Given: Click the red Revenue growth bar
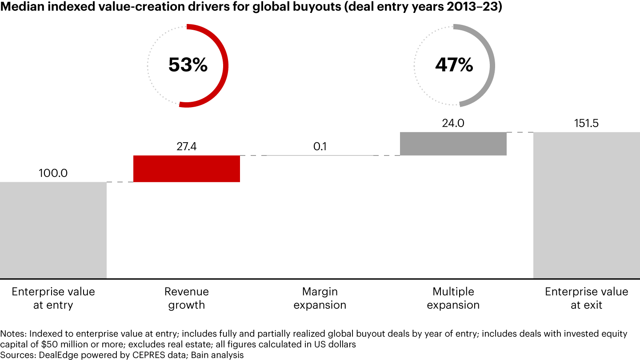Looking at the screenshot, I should click(x=187, y=168).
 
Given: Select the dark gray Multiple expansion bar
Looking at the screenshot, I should click(x=453, y=144).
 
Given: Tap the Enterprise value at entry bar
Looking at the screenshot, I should click(x=53, y=230).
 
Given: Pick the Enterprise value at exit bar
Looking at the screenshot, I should click(x=587, y=205).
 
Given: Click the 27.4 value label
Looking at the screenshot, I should click(x=187, y=147).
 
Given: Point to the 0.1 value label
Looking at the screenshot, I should click(x=320, y=147).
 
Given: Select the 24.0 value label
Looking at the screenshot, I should click(x=453, y=124).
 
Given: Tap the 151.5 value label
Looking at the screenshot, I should click(x=587, y=124).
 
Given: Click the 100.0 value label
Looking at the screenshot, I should click(x=53, y=173).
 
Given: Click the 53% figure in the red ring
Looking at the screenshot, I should click(x=188, y=65).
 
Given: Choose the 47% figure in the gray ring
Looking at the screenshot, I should click(x=454, y=65).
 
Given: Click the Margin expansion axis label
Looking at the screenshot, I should click(x=320, y=298).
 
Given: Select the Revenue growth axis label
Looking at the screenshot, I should click(x=187, y=298).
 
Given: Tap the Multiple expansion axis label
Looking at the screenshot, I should click(x=453, y=298).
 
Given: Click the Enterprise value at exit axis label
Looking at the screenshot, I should click(x=587, y=298).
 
